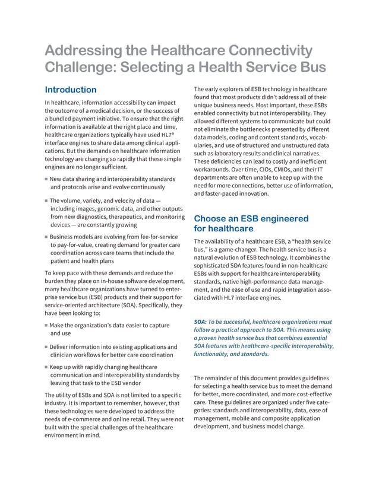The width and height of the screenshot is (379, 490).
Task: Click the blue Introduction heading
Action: pyautogui.click(x=71, y=90)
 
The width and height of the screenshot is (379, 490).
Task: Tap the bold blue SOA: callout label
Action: pyautogui.click(x=201, y=322)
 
